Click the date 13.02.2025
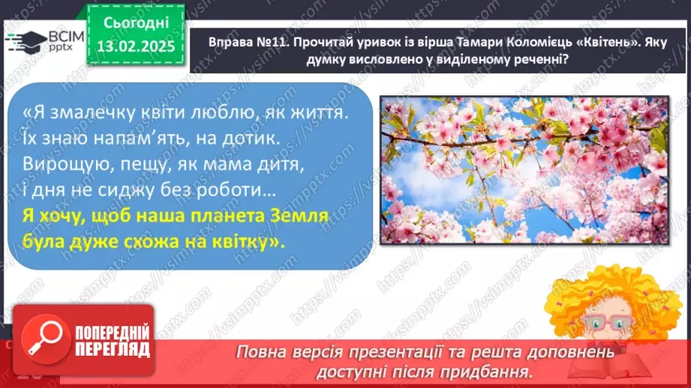(135, 46)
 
